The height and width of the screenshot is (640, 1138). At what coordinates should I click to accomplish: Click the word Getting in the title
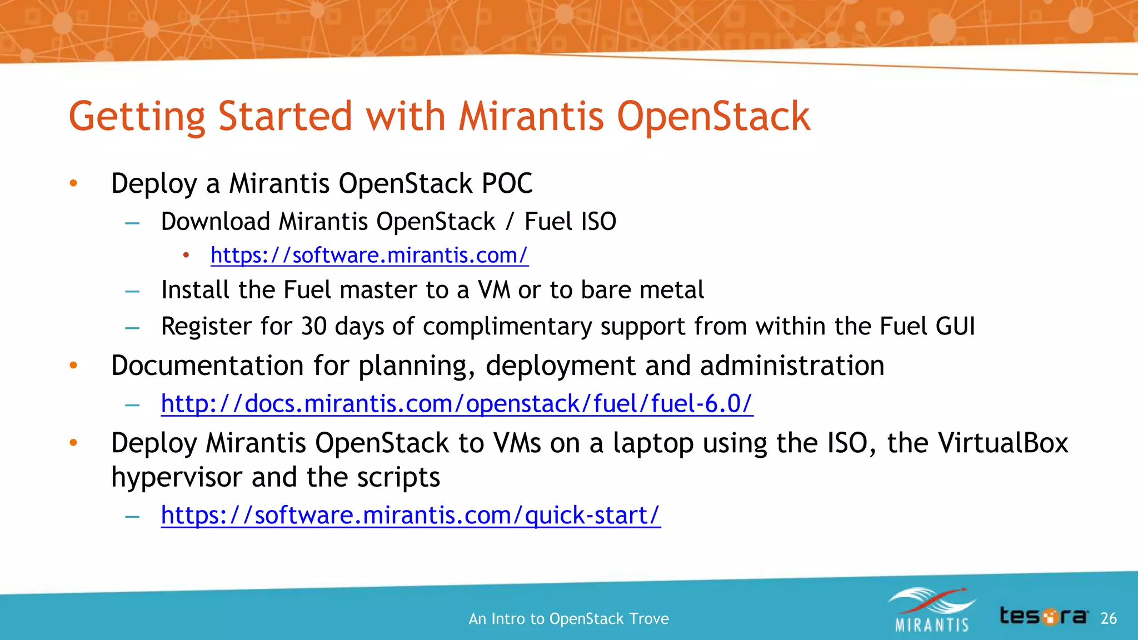click(137, 117)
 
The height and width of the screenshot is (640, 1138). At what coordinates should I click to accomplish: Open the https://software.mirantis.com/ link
click(369, 256)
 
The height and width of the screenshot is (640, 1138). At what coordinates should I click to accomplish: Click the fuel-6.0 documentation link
click(457, 404)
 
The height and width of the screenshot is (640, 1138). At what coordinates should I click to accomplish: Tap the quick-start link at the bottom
click(411, 516)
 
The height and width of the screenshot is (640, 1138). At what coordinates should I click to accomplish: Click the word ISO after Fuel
click(598, 222)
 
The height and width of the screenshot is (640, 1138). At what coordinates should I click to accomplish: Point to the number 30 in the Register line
click(313, 327)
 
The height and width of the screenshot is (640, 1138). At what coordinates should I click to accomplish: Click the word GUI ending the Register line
click(955, 327)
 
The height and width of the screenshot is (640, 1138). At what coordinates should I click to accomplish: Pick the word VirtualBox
click(1003, 443)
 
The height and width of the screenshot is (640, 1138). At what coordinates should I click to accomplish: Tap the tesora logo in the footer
click(1044, 616)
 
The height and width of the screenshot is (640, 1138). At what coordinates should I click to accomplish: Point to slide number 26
click(1108, 618)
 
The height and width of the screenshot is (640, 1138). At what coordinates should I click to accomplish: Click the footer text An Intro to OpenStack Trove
click(568, 619)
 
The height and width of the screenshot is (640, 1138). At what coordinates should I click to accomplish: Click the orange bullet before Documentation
click(73, 366)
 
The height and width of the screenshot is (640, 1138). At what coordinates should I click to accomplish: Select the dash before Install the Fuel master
click(132, 291)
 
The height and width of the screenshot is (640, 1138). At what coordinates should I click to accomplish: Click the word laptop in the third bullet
click(653, 443)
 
